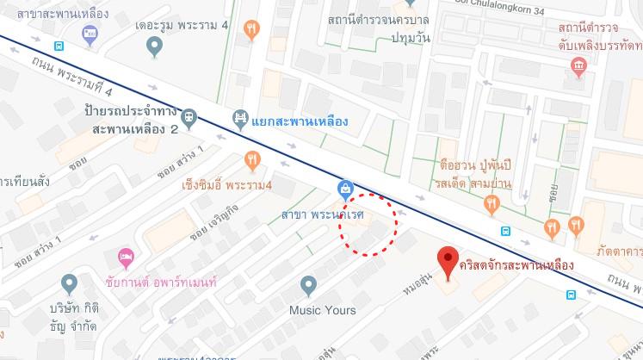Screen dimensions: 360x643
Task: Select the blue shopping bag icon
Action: tap(344, 188)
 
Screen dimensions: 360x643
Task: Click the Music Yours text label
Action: tap(322, 309)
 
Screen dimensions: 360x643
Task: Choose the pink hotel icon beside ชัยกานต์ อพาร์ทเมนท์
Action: tap(126, 257)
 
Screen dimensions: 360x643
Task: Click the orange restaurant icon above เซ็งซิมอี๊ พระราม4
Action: tap(251, 159)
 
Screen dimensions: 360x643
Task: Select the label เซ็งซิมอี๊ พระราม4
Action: tap(226, 185)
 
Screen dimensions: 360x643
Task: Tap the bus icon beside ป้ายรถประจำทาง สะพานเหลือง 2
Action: tap(190, 117)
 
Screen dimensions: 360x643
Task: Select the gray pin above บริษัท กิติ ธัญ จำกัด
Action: tap(70, 283)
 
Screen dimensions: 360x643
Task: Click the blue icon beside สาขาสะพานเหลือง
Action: tap(90, 34)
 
